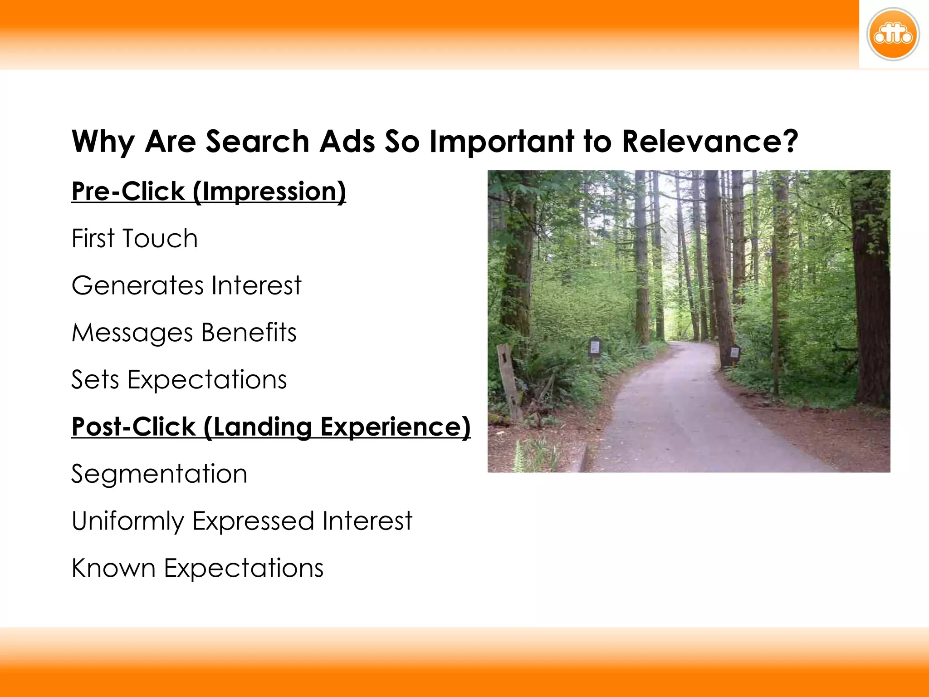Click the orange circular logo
893,34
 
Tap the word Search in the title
257,142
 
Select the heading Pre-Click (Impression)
209,191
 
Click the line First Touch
135,239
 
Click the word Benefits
249,333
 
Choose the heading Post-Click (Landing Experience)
271,427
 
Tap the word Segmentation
159,474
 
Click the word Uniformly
127,521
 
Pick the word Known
113,568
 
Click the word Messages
132,333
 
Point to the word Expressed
253,521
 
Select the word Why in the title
103,142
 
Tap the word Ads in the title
347,142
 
